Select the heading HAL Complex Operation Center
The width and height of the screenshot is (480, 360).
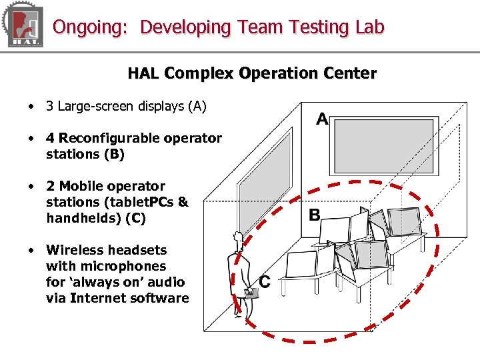tap(252, 73)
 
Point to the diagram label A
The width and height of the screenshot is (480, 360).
tap(322, 119)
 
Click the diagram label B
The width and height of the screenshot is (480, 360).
tap(314, 215)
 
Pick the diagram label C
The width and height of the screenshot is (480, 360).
tap(265, 282)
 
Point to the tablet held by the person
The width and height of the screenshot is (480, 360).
tap(251, 292)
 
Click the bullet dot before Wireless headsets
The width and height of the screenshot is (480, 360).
tap(31, 250)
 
